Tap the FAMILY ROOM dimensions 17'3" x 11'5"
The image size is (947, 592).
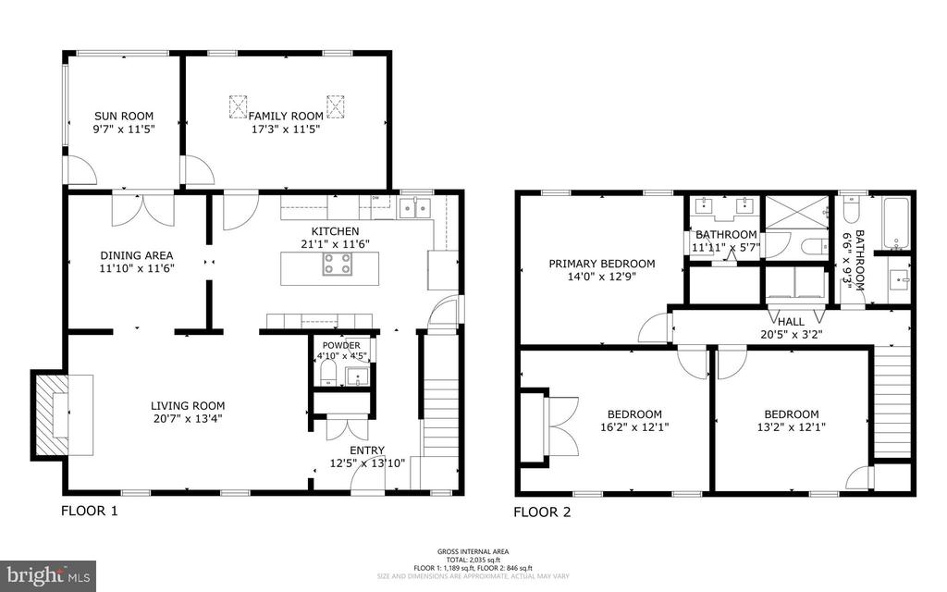point(285,130)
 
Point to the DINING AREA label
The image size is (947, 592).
point(137,255)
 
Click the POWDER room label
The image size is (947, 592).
point(341,345)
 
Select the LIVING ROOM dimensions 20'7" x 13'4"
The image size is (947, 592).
point(189,418)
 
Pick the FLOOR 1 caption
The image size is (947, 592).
point(90,511)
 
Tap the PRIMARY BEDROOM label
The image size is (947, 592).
point(601,264)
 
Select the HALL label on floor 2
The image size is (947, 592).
point(791,321)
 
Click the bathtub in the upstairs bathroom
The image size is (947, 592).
point(896,224)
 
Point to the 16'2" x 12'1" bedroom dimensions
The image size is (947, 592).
point(633,427)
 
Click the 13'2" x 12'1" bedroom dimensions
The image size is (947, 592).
point(791,427)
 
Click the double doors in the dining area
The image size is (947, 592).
point(141,209)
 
